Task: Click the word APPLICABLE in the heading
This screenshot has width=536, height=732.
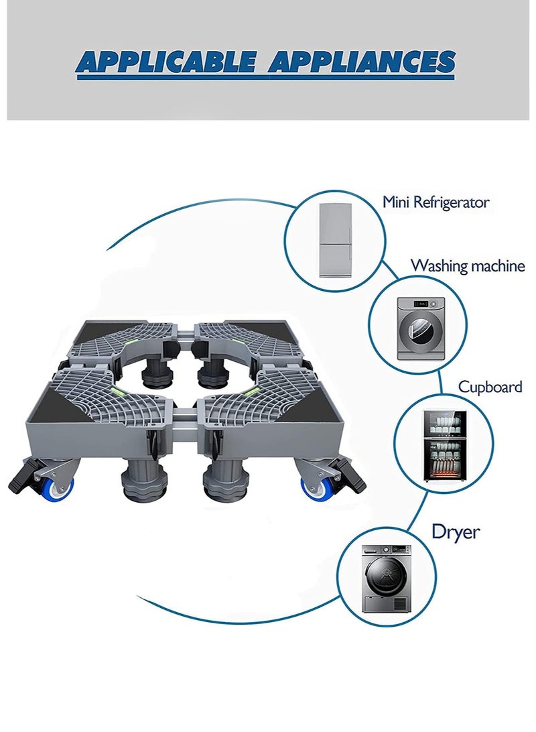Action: [167, 62]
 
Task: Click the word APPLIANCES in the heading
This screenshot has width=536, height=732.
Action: [361, 62]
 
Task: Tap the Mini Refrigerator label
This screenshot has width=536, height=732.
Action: [435, 202]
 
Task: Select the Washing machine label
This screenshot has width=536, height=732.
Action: [467, 265]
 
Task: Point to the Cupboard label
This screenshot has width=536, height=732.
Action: [490, 387]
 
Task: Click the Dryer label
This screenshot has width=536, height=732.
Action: [456, 532]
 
